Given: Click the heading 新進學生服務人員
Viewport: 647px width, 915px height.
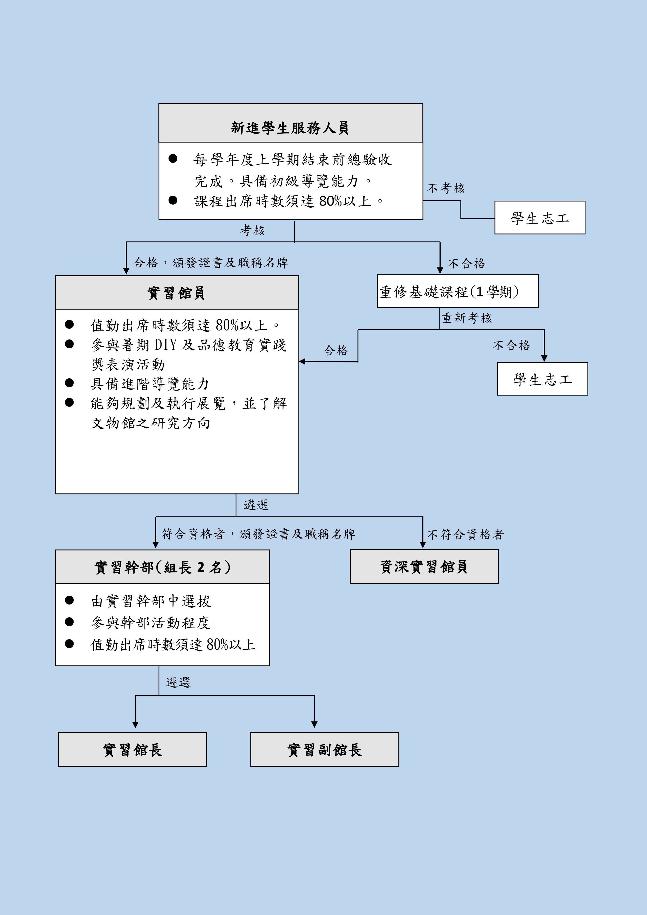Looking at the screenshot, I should click(x=290, y=128).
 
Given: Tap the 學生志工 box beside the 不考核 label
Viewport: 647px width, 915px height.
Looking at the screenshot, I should click(x=540, y=218).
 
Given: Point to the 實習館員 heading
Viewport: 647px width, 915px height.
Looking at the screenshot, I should click(x=177, y=293).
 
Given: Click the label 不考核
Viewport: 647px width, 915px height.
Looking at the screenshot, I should click(x=446, y=188).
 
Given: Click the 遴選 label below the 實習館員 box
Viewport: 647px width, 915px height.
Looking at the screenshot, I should click(x=256, y=505).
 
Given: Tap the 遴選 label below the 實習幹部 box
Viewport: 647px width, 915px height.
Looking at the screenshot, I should click(x=178, y=682).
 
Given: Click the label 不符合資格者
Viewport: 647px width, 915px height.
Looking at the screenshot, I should click(x=465, y=534).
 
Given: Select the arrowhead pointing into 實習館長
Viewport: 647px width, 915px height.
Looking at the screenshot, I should click(x=135, y=725).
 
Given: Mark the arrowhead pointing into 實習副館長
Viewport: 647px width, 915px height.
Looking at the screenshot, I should click(x=314, y=725).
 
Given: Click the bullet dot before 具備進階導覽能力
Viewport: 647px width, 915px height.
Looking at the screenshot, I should click(x=69, y=383).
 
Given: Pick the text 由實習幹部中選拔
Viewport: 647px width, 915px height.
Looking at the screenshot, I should click(x=151, y=601).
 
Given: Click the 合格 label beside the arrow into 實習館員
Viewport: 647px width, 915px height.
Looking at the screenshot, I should click(x=336, y=350).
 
